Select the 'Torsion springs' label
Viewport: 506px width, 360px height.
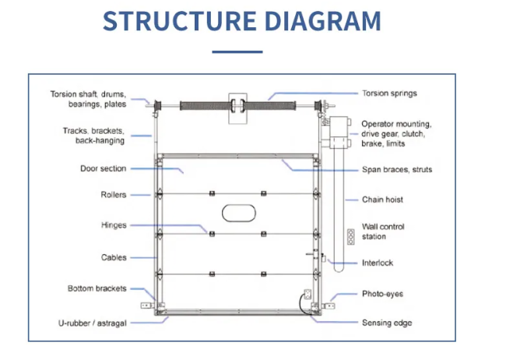(389, 94)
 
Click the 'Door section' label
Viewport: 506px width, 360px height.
(103, 168)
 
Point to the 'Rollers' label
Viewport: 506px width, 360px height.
(113, 195)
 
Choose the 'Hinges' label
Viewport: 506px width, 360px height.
(114, 225)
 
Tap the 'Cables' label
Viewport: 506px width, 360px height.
(113, 257)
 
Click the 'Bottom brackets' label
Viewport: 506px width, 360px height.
(97, 288)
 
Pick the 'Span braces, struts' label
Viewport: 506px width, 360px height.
(397, 169)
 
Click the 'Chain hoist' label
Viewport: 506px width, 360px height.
(382, 199)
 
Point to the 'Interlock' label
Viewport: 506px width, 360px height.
(378, 263)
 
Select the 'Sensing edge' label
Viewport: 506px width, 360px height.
(386, 323)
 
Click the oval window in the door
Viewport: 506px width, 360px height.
(238, 212)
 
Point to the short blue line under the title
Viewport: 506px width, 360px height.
(237, 52)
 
